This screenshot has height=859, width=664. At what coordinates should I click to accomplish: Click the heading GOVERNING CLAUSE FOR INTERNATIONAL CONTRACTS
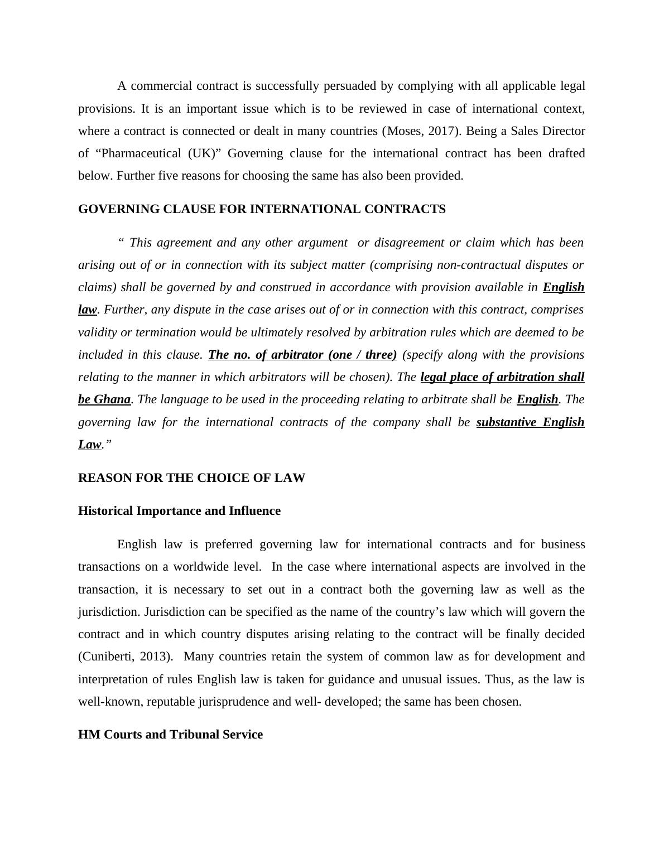coord(262,209)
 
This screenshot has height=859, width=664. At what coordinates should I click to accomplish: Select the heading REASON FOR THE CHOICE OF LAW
coord(191,478)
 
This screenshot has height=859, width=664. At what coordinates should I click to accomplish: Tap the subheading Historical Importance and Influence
coord(179,511)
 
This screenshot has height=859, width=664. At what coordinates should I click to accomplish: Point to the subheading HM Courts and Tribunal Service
coord(170,735)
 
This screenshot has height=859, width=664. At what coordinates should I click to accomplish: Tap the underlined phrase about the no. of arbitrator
coord(302,355)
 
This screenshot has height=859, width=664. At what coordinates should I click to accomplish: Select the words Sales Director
coord(547,131)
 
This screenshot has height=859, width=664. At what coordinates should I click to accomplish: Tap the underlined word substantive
coord(507,422)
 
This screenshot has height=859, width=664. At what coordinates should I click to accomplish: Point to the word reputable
coord(170,702)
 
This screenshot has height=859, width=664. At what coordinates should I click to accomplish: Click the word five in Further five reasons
coord(169,176)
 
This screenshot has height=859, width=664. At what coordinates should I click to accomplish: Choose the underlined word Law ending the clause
coord(89,445)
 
